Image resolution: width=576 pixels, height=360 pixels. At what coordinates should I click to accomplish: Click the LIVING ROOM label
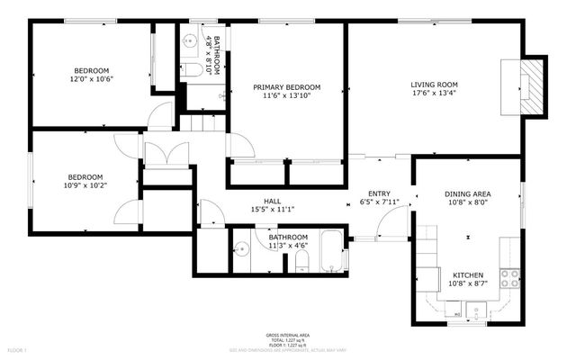(435, 84)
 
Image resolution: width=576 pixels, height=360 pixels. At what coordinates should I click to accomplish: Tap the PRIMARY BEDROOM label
(286, 87)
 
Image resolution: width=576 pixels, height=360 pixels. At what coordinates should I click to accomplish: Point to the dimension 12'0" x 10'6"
(91, 78)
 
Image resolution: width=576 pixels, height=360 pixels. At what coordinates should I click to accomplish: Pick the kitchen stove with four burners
(510, 276)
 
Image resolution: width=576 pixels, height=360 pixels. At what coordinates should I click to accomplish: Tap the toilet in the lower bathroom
(302, 262)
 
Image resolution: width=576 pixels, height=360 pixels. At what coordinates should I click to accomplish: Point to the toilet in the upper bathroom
(191, 69)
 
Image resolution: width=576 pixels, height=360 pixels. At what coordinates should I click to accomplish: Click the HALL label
(273, 202)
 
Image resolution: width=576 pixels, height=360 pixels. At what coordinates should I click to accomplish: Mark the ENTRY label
(379, 193)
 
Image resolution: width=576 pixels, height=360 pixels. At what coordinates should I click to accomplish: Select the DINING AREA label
(467, 193)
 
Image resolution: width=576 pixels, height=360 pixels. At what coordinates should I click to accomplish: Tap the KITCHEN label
(468, 274)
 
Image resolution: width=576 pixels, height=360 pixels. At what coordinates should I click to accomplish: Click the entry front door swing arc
(394, 225)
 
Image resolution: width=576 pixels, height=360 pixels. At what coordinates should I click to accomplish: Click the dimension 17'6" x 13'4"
(435, 93)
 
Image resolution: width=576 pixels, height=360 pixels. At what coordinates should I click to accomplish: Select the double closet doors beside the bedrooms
(166, 155)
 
